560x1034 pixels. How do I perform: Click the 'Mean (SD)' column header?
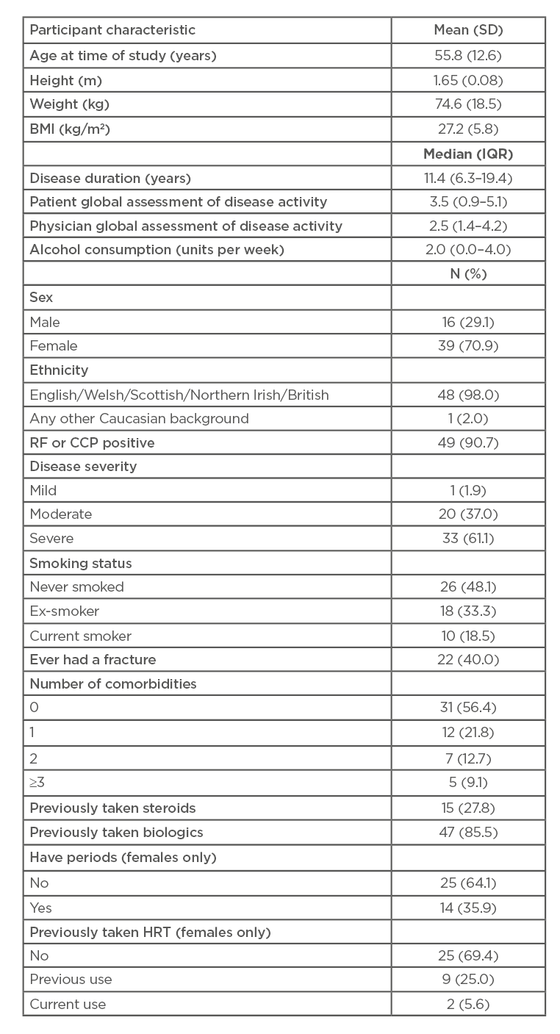[468, 31]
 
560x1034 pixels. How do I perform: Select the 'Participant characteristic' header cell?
[112, 31]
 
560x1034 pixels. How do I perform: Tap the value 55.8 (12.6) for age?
[468, 55]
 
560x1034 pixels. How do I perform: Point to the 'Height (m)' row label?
[65, 79]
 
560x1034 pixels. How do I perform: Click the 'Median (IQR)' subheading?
[468, 154]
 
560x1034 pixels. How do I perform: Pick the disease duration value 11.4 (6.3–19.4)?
[468, 178]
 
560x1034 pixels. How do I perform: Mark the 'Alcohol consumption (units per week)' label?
[157, 249]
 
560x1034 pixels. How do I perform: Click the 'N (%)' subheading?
[468, 273]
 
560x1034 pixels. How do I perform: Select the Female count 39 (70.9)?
[468, 345]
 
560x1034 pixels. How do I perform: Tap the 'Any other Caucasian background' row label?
[139, 418]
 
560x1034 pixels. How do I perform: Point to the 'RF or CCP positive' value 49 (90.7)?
[468, 442]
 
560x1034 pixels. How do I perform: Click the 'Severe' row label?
[51, 539]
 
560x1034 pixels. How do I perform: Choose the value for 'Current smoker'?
[468, 635]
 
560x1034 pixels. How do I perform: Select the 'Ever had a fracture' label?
[93, 659]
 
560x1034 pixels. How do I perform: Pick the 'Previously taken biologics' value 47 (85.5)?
[468, 832]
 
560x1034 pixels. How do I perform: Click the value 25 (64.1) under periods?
[468, 883]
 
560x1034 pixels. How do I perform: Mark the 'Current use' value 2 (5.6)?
[468, 1003]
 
